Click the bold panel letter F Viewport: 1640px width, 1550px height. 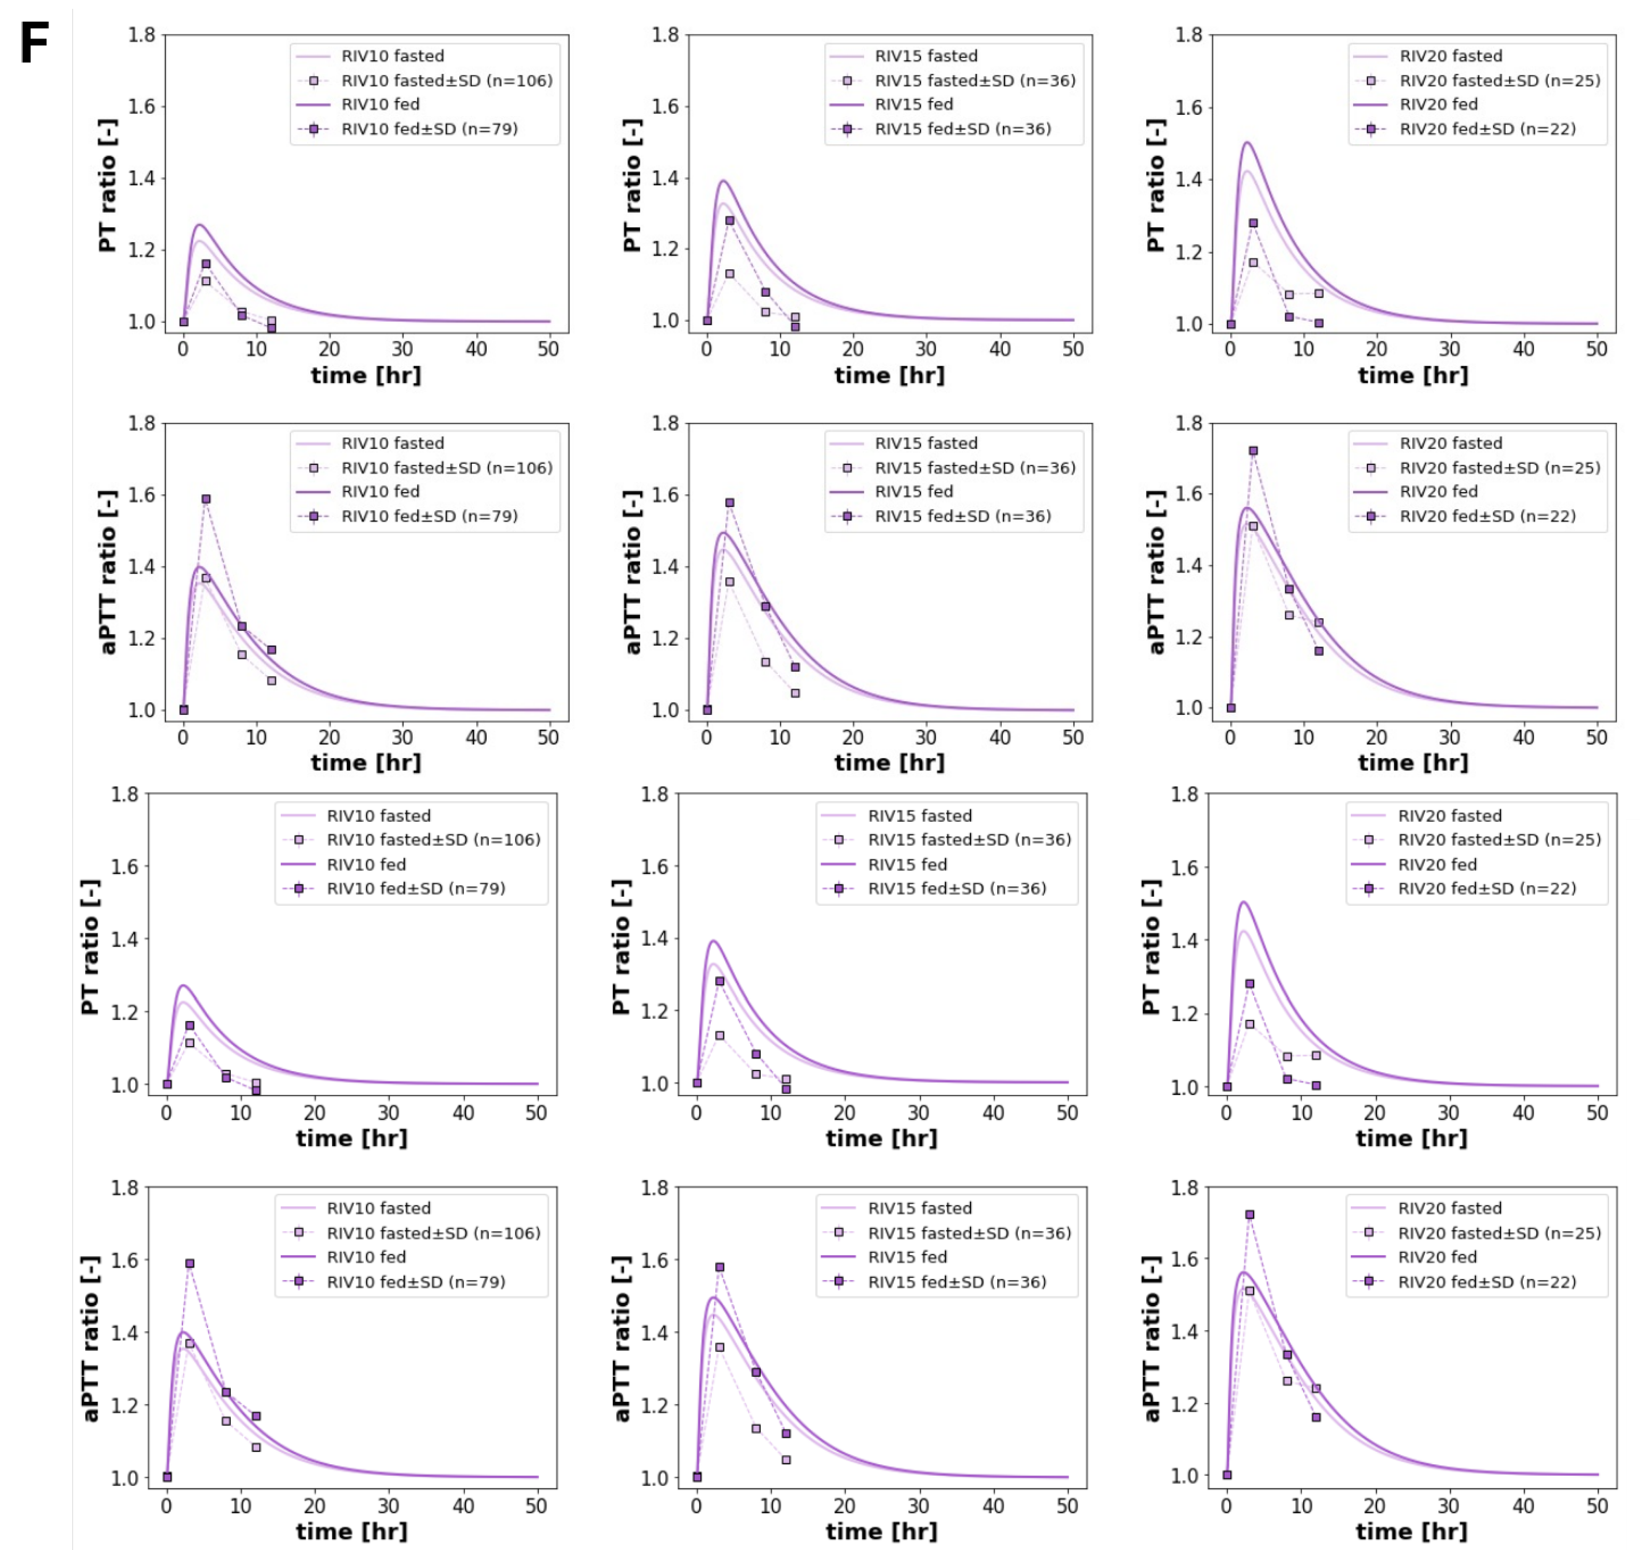click(x=35, y=43)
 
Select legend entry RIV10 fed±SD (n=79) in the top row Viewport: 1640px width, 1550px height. click(x=429, y=129)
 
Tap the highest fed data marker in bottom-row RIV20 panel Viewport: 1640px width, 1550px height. click(x=1249, y=1215)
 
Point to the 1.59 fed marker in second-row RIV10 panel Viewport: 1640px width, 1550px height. click(x=206, y=499)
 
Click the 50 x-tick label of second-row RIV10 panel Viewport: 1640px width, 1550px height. click(x=548, y=737)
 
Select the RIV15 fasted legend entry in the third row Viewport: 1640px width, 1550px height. click(x=919, y=816)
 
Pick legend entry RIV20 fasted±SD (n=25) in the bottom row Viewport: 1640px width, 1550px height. click(x=1499, y=1233)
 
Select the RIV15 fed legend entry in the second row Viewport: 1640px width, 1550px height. click(x=913, y=492)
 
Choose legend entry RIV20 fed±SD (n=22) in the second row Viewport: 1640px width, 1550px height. click(x=1487, y=517)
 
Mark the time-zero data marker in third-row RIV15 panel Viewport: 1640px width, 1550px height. click(x=697, y=1083)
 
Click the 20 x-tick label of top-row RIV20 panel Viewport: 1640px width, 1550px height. click(x=1376, y=349)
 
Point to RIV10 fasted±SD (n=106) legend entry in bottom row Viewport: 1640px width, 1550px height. click(x=433, y=1233)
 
